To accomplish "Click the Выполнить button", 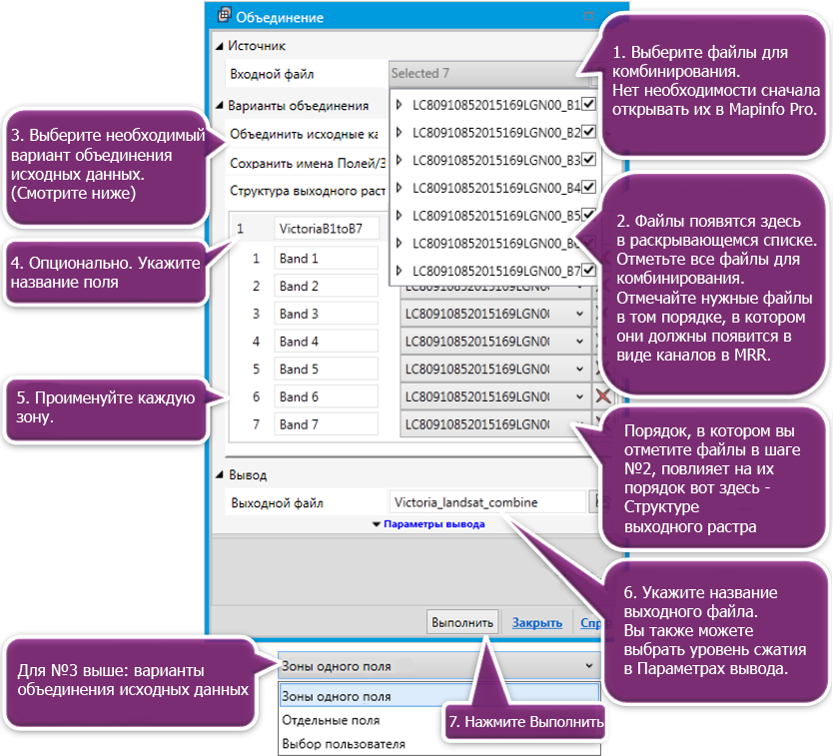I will (462, 622).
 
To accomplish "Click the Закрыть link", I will (537, 622).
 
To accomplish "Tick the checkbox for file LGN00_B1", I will (589, 103).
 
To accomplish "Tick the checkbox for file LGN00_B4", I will (589, 187).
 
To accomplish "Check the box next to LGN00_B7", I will (589, 270).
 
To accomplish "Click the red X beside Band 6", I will (603, 396).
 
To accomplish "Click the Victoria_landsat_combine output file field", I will (486, 502).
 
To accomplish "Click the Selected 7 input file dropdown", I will (483, 73).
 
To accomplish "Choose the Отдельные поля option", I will (331, 720).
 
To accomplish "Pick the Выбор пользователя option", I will (344, 744).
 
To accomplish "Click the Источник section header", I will (257, 45).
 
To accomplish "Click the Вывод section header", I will (247, 475).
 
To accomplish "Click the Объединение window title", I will (280, 17).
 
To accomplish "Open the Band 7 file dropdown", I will (579, 424).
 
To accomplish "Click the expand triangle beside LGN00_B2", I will (400, 132).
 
